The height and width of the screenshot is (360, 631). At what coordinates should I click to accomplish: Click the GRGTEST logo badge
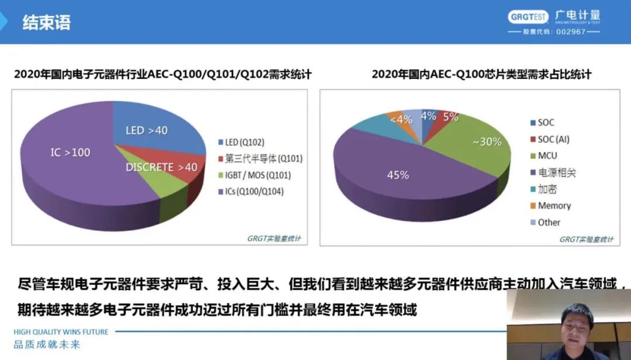tap(528, 17)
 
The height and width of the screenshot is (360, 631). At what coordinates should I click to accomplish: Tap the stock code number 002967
tap(571, 32)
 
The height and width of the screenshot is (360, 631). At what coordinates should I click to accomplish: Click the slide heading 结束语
tap(47, 22)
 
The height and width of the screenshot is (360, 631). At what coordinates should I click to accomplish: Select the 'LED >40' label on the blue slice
tap(147, 130)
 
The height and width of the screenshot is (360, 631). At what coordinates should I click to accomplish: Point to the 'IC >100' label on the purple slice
tap(71, 153)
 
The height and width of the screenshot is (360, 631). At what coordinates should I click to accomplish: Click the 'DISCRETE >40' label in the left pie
tap(161, 167)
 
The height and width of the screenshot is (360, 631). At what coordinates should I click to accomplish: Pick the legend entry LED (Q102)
tap(241, 142)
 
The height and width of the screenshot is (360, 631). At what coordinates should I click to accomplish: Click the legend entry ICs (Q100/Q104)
tap(251, 192)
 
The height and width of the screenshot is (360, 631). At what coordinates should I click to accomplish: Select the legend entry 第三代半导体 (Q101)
tap(260, 158)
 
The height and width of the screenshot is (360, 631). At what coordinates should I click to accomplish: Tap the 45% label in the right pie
tap(398, 175)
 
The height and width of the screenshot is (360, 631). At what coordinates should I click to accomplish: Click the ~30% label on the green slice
tap(487, 142)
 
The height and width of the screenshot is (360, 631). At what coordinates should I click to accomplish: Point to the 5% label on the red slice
tap(450, 117)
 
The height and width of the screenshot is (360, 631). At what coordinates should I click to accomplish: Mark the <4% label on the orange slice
tap(401, 120)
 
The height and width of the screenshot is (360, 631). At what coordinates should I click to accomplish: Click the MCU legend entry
tap(544, 156)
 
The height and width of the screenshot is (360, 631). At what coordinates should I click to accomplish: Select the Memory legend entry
tap(550, 206)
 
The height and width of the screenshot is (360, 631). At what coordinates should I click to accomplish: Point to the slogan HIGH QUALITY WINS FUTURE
tap(61, 332)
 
